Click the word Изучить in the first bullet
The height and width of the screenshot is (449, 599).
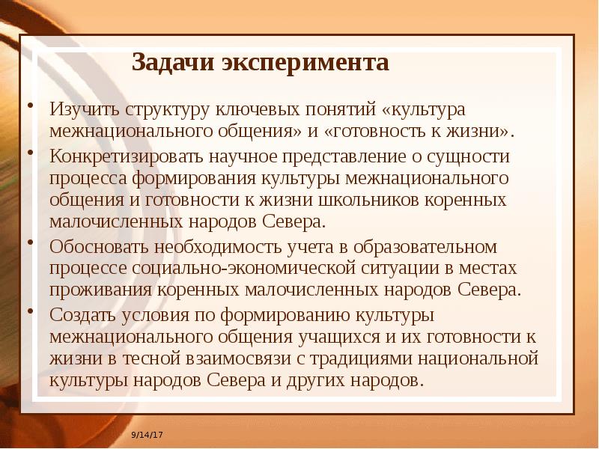pyautogui.click(x=85, y=109)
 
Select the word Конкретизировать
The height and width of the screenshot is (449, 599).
pyautogui.click(x=122, y=156)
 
